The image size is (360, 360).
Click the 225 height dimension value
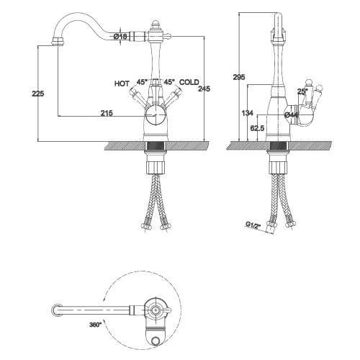coord(38,94)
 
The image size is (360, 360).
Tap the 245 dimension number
coord(204,89)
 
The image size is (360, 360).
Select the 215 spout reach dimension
coord(107,113)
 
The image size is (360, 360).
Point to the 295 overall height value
coord(239,77)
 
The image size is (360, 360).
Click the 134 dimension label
coord(247,113)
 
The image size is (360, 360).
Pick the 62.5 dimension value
coord(257,128)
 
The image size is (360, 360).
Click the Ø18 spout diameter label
coord(120,37)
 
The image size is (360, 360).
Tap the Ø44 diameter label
coord(291,115)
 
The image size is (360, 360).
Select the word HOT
coord(122,84)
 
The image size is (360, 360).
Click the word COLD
coord(189,82)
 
